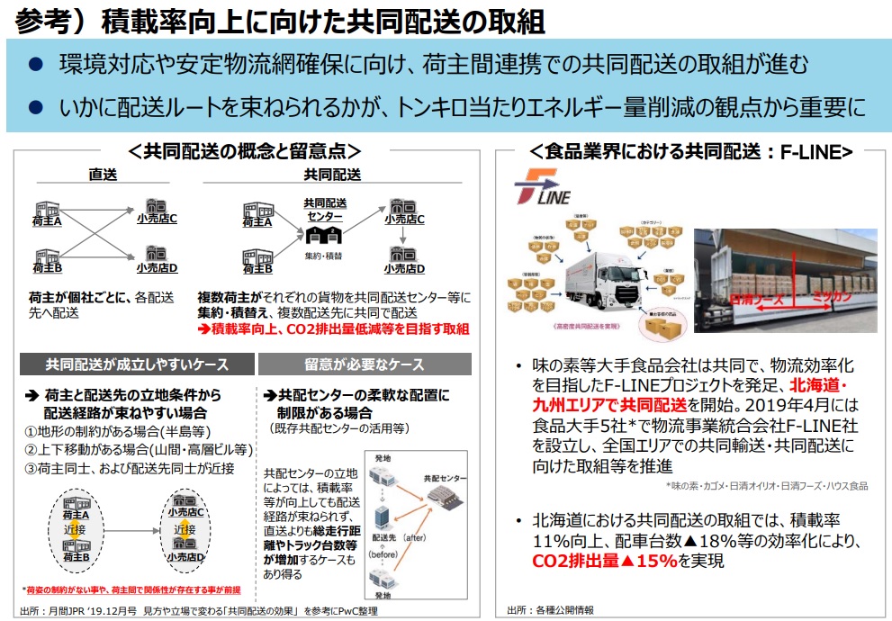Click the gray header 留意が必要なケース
364,364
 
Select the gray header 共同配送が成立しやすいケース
137,364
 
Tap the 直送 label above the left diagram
103,175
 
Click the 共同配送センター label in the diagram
324,210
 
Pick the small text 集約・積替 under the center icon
324,257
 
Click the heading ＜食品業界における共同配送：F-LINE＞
690,152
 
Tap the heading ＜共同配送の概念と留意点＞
245,152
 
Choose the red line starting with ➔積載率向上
333,329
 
